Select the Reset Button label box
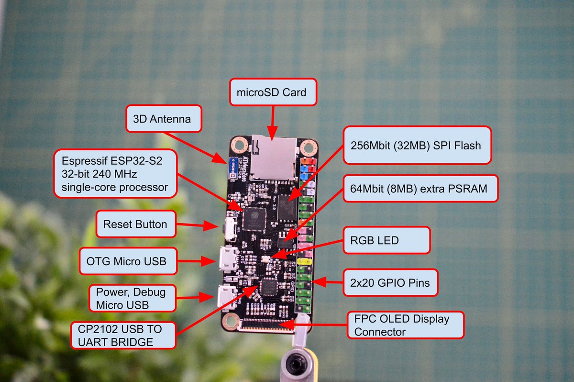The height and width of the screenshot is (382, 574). point(135,224)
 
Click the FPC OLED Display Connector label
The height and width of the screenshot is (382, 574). point(405,325)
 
